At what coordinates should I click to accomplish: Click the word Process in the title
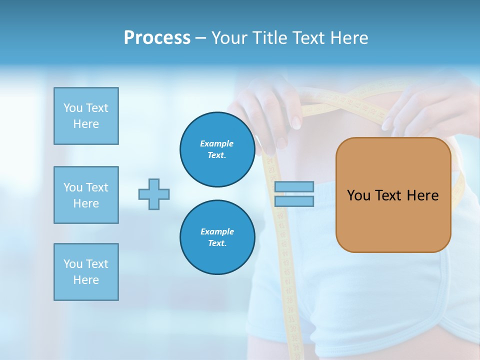click(157, 38)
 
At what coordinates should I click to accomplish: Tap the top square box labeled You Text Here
click(86, 116)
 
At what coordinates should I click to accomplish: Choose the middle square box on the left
click(86, 195)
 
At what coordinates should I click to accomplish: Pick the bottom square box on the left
click(86, 272)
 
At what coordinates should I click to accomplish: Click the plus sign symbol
click(154, 194)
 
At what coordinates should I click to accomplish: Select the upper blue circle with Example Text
click(217, 149)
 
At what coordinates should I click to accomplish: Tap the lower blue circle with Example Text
click(217, 237)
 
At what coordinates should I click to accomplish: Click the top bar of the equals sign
click(294, 187)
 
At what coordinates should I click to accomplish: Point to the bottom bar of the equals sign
click(294, 201)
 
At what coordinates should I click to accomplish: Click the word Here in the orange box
click(422, 195)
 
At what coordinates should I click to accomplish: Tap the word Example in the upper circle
click(217, 143)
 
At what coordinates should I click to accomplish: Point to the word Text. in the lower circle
click(217, 243)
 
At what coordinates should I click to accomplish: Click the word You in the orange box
click(358, 195)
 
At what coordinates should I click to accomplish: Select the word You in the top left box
click(73, 108)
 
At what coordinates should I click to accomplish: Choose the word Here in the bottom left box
click(86, 280)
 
